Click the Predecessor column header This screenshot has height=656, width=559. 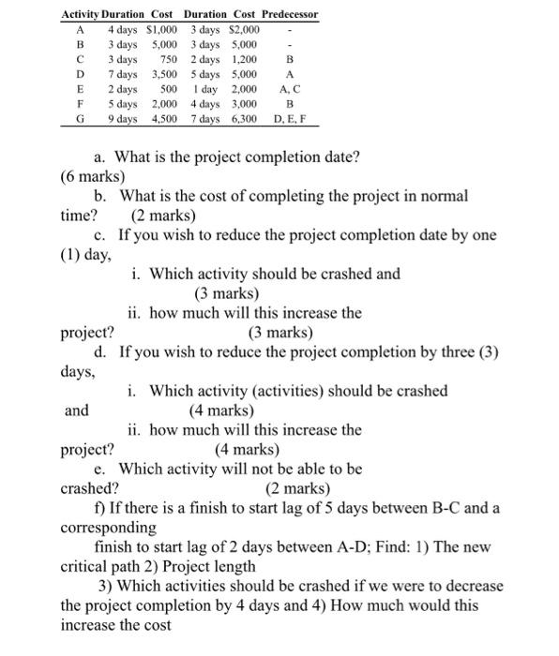[290, 15]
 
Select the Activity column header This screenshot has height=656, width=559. [80, 15]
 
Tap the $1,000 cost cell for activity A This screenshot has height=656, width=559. [161, 29]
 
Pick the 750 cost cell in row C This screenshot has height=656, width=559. [168, 59]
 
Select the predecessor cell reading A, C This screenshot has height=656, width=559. [289, 89]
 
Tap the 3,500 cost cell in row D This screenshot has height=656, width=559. [164, 74]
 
